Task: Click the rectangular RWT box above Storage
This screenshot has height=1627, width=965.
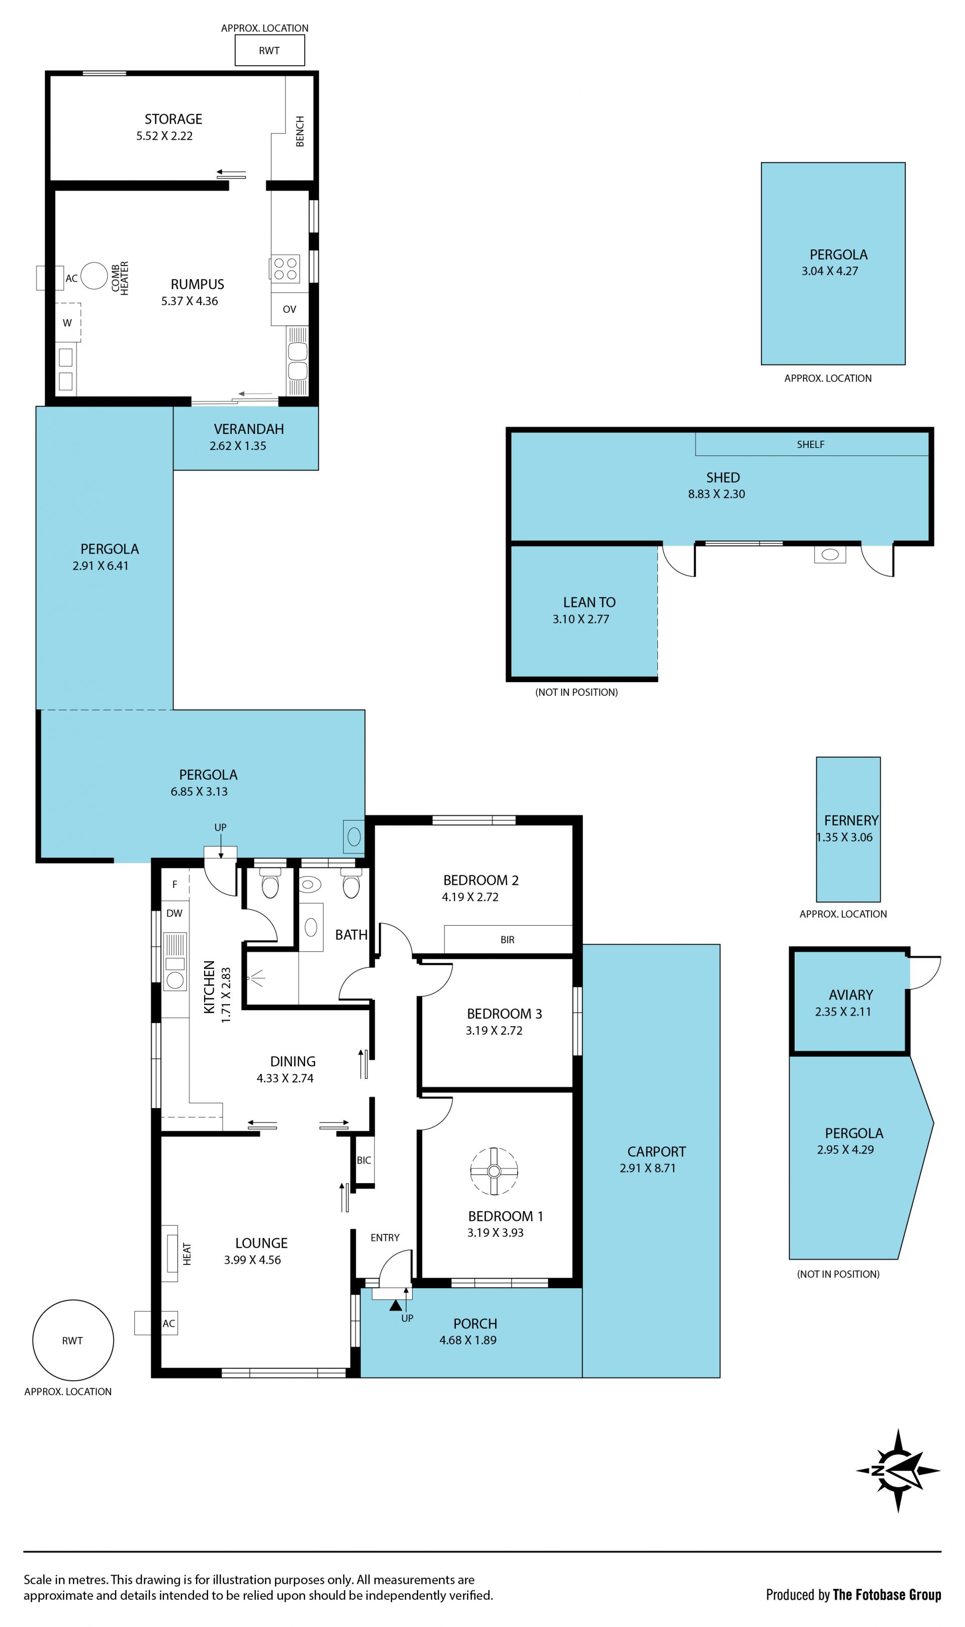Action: click(x=269, y=50)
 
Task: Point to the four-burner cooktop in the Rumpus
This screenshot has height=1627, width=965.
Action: click(x=285, y=268)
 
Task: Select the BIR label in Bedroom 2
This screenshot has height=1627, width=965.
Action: click(x=507, y=940)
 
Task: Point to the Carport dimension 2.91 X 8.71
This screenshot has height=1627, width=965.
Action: click(x=648, y=1168)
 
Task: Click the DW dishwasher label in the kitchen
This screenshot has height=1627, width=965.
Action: click(x=174, y=913)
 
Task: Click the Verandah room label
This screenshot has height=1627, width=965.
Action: click(x=249, y=429)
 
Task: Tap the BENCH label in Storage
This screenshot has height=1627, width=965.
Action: click(x=300, y=131)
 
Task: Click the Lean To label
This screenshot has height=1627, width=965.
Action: click(x=589, y=602)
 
